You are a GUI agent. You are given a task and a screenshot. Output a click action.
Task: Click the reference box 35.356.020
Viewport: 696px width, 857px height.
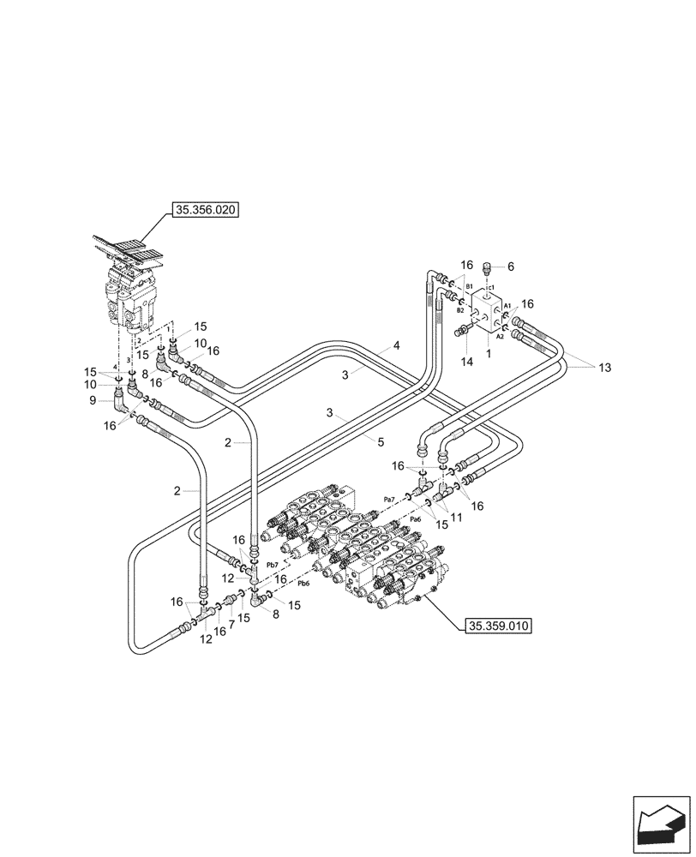coord(207,208)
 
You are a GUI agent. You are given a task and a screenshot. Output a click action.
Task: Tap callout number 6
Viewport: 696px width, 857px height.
coord(511,267)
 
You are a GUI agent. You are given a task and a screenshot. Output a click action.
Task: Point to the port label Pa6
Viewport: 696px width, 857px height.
coord(415,520)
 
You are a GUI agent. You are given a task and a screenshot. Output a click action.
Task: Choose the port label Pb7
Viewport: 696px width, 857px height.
coord(273,565)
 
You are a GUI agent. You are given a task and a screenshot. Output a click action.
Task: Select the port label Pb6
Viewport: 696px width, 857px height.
coord(303,584)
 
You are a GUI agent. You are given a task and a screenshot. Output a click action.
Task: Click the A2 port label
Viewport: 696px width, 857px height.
coord(499,337)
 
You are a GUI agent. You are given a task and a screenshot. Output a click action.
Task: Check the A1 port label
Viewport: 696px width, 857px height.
coord(507,305)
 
